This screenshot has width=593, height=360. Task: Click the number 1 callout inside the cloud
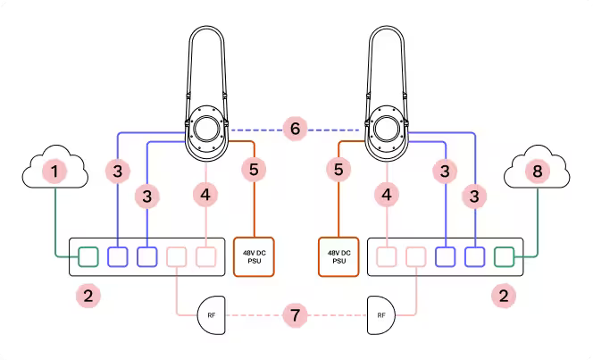[57, 170]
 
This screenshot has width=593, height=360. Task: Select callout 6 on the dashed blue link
[296, 130]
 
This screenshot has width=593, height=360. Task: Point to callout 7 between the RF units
[296, 315]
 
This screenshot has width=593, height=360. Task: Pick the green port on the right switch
[505, 257]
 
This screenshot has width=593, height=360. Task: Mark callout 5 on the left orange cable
[255, 168]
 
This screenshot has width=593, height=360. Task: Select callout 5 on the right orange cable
[338, 168]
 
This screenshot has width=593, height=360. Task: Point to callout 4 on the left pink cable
[206, 194]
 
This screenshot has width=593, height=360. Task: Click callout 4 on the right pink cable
[387, 194]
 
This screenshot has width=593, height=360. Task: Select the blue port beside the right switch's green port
[474, 257]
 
